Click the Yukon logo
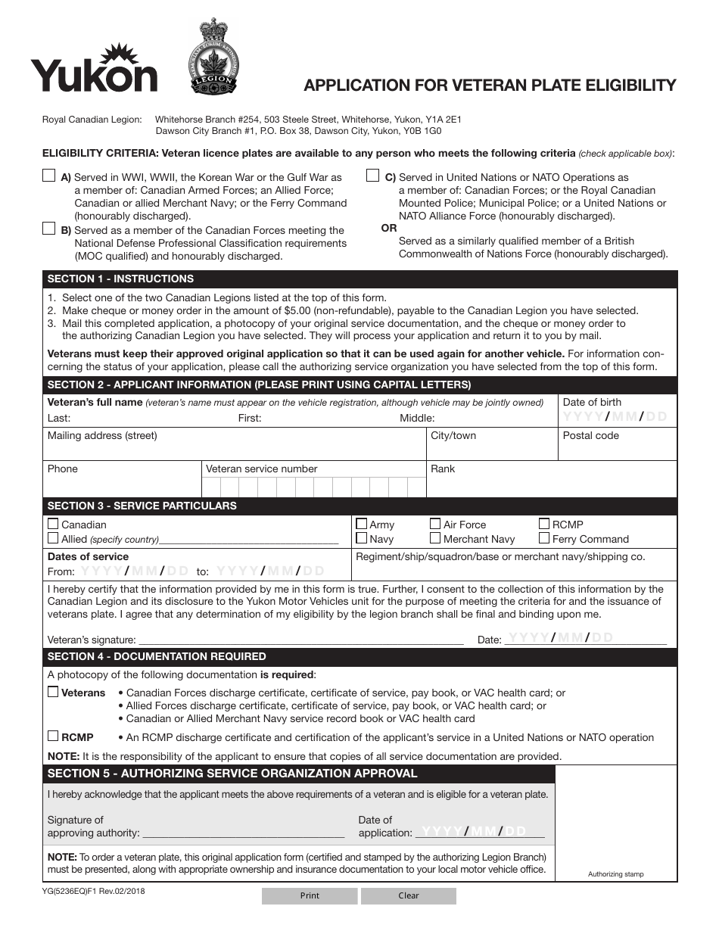[94, 70]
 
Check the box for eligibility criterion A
[49, 176]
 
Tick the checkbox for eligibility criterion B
[49, 229]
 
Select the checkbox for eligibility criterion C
[373, 176]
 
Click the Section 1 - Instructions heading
[121, 279]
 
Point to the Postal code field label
[590, 435]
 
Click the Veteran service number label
[261, 469]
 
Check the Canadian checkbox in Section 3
[53, 524]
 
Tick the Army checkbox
[362, 524]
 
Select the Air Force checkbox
[435, 523]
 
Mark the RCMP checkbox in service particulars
[544, 523]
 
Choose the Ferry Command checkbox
[544, 538]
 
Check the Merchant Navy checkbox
[435, 538]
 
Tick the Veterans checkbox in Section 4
[53, 692]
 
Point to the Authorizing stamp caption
[615, 874]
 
